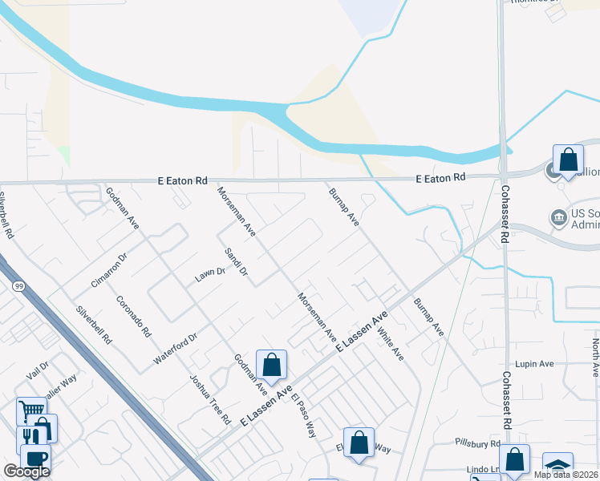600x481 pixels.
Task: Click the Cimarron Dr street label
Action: [110, 269]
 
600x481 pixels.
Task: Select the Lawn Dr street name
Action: [210, 275]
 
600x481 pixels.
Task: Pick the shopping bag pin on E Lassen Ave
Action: [272, 364]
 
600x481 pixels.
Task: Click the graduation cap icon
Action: [557, 466]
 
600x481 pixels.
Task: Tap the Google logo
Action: [26, 471]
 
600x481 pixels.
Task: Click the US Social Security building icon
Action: [557, 217]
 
